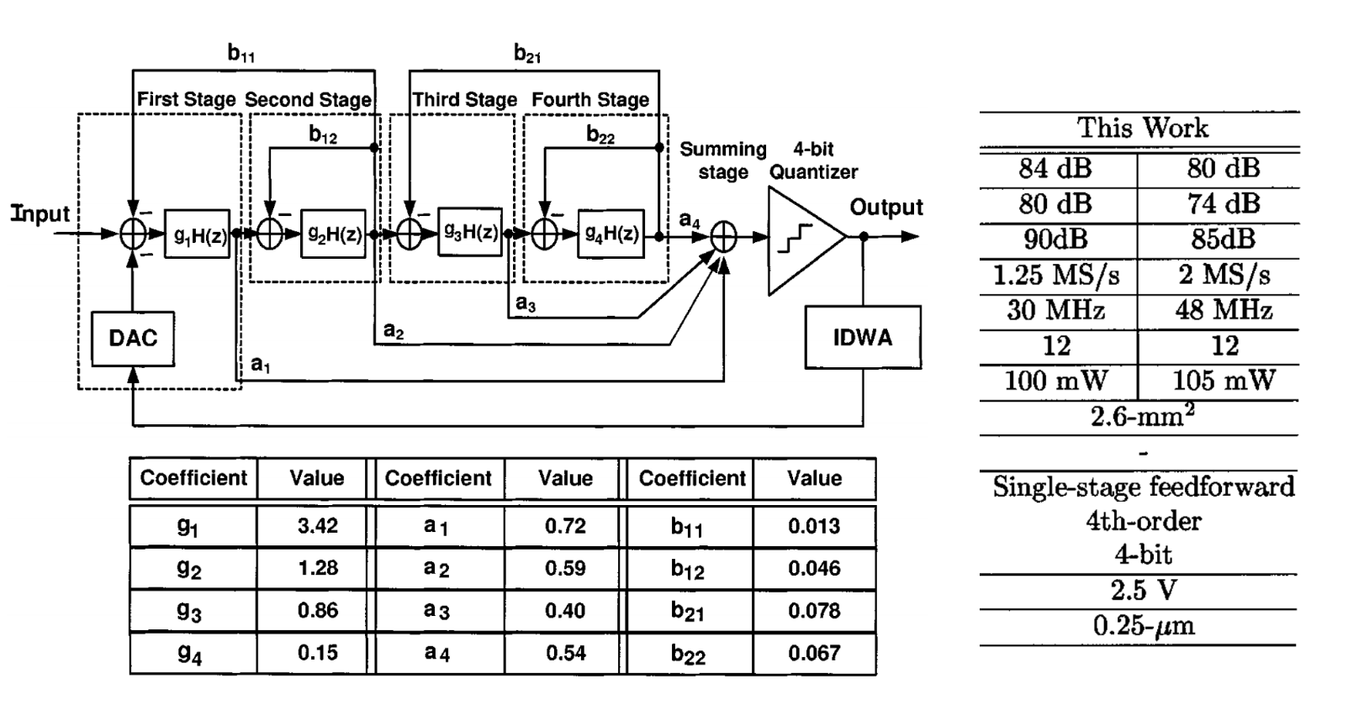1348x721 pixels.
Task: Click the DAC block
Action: pos(133,339)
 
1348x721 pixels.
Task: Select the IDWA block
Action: pos(862,338)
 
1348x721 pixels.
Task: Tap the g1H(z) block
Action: pos(198,234)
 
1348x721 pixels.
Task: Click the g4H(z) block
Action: pos(611,234)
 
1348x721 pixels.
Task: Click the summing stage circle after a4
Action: pos(724,238)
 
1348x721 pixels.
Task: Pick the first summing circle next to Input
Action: pos(134,234)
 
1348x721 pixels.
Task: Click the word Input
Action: pos(40,214)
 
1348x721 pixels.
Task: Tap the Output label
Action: pos(885,207)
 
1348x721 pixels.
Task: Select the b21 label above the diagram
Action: pos(527,55)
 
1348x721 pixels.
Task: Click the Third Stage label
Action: pos(465,100)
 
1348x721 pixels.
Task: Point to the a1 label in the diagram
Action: pos(261,365)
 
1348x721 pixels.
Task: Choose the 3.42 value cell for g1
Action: pos(317,526)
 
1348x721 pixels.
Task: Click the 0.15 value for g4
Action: pos(317,653)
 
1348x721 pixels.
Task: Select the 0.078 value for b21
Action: pos(813,611)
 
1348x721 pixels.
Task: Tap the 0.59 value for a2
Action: pos(564,569)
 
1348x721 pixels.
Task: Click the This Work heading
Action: pos(1143,129)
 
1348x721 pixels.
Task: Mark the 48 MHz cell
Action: pos(1224,310)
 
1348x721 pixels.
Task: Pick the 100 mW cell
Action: pos(1055,381)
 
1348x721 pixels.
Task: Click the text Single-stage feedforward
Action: pos(1143,487)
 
